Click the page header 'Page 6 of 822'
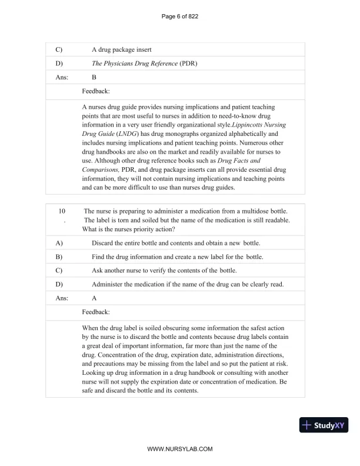(179, 16)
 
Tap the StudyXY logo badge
(323, 425)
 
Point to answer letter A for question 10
(95, 298)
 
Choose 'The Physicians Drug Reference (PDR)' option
(143, 63)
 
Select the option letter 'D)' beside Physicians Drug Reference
(59, 63)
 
